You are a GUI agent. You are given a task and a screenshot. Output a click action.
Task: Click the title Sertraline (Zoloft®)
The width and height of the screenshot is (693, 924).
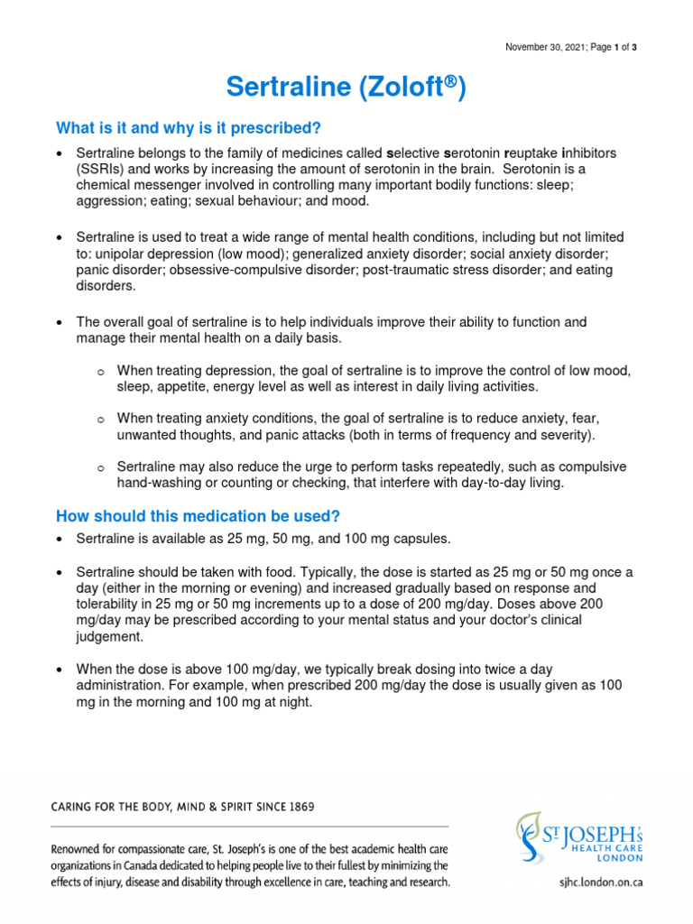(x=346, y=88)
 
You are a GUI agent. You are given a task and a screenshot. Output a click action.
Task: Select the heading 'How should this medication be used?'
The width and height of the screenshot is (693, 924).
(x=198, y=516)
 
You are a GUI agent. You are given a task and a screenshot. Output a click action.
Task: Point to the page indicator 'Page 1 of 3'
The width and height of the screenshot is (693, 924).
(x=614, y=47)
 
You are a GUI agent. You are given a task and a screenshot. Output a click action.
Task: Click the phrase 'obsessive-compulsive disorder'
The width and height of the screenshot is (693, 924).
(x=231, y=270)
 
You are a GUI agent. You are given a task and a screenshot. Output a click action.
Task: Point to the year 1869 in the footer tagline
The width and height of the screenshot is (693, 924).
(x=298, y=807)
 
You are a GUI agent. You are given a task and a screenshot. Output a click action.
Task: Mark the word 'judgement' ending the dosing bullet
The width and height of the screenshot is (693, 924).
(x=108, y=636)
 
